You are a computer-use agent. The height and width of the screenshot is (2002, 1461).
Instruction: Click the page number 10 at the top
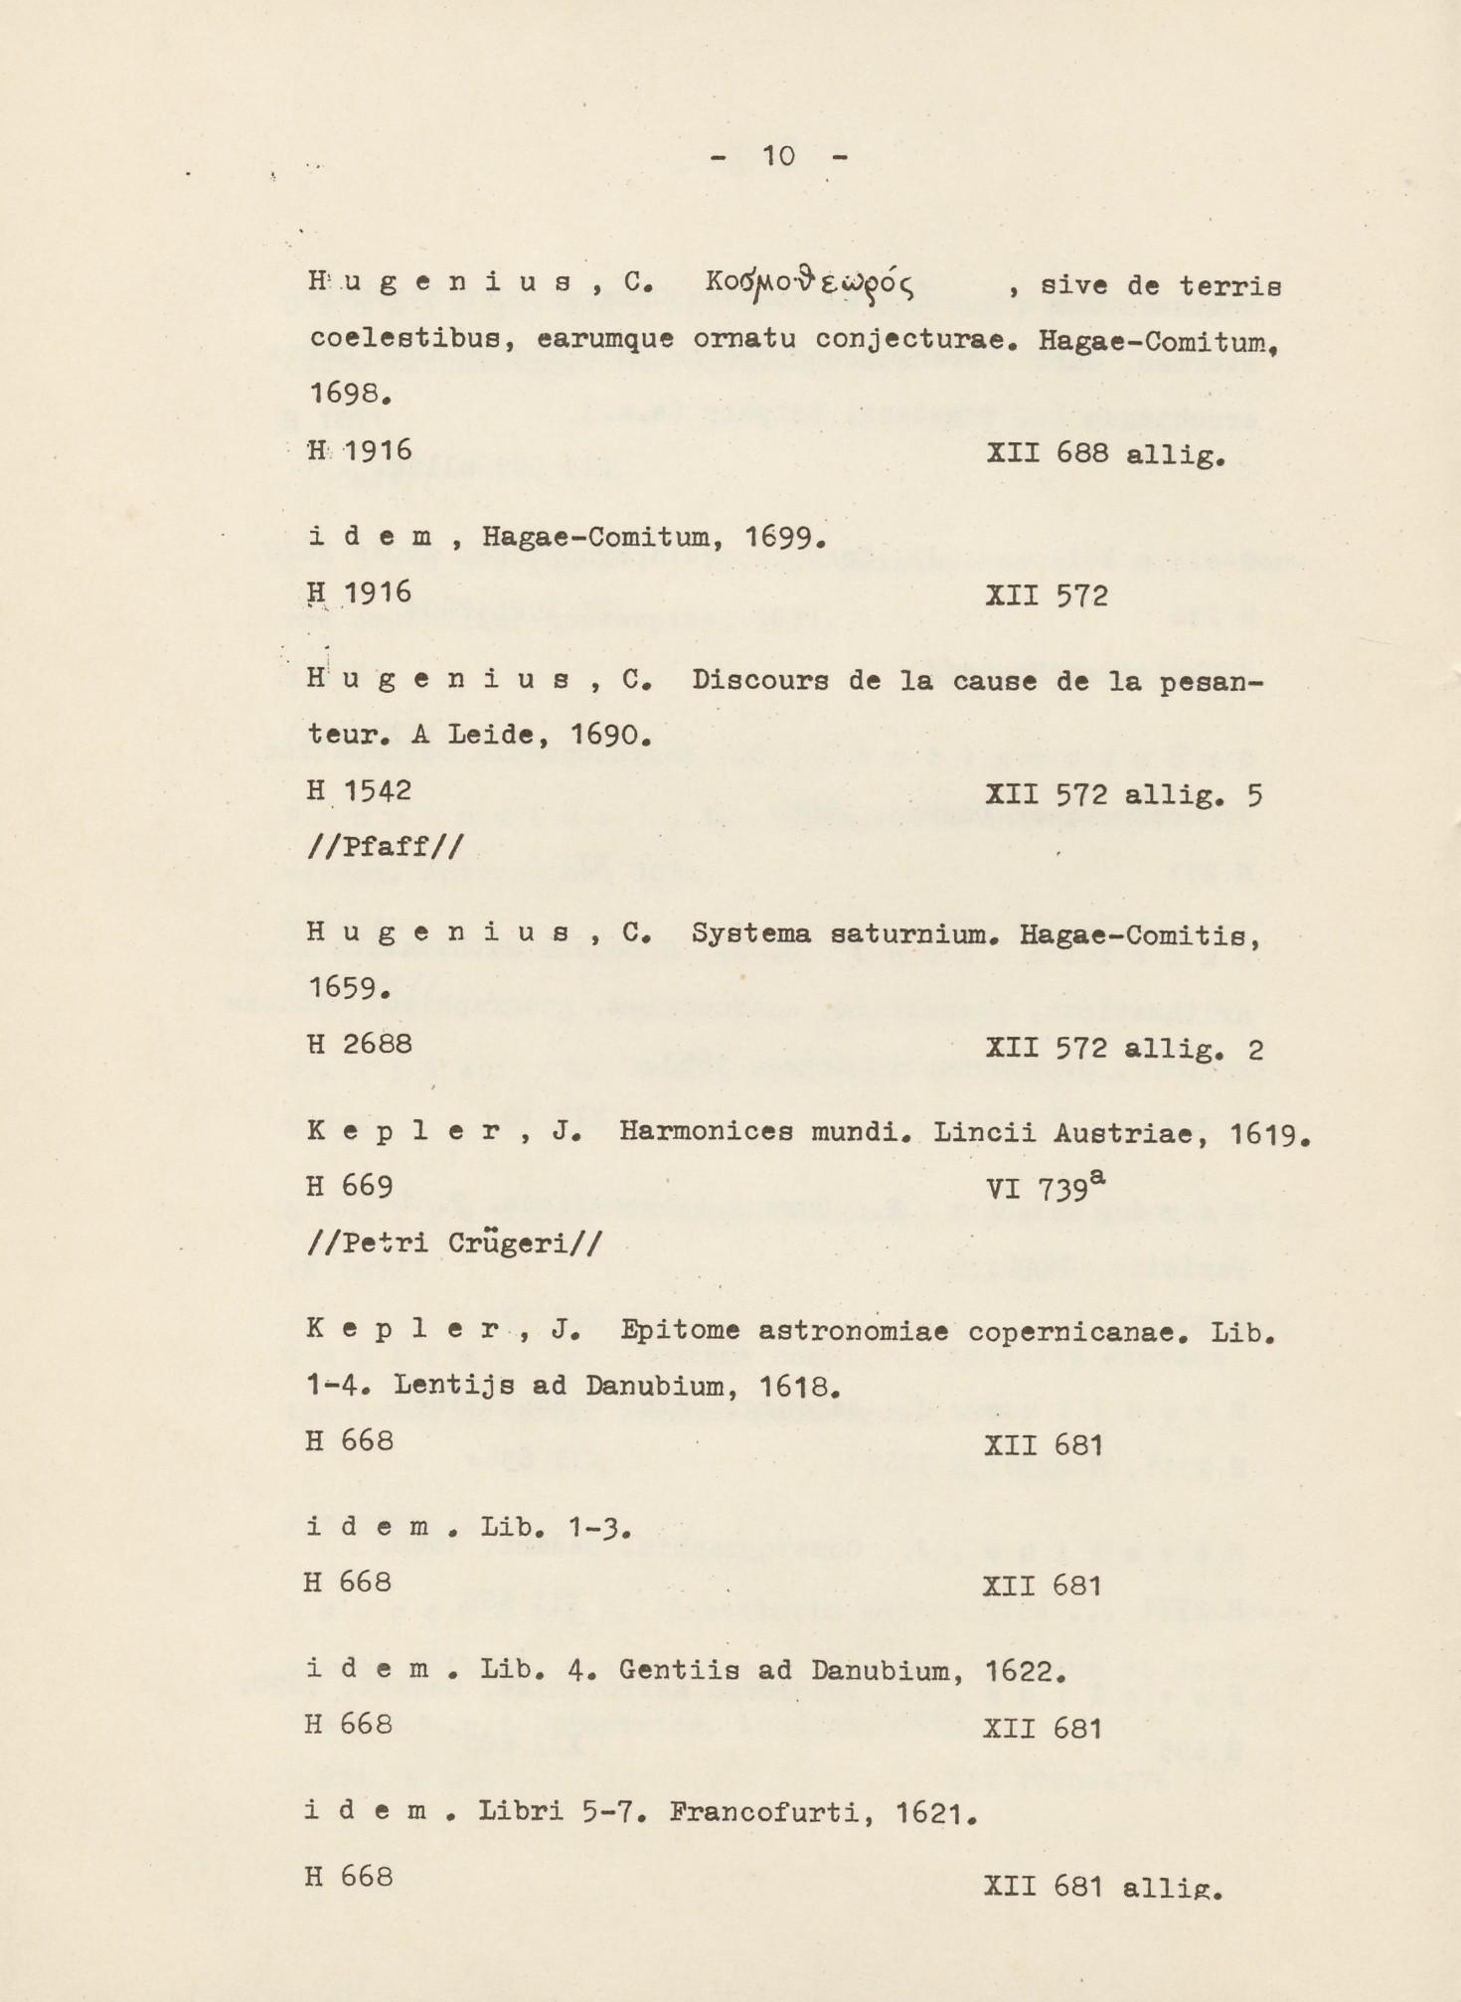(x=778, y=156)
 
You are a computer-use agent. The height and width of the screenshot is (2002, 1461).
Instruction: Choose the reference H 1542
(x=359, y=792)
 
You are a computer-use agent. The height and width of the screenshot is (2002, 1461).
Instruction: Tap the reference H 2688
(x=359, y=1045)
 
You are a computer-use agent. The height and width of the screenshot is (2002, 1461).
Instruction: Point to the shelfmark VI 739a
(x=1045, y=1186)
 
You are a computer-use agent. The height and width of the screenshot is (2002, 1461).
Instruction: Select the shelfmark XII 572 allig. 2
(x=1123, y=1048)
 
